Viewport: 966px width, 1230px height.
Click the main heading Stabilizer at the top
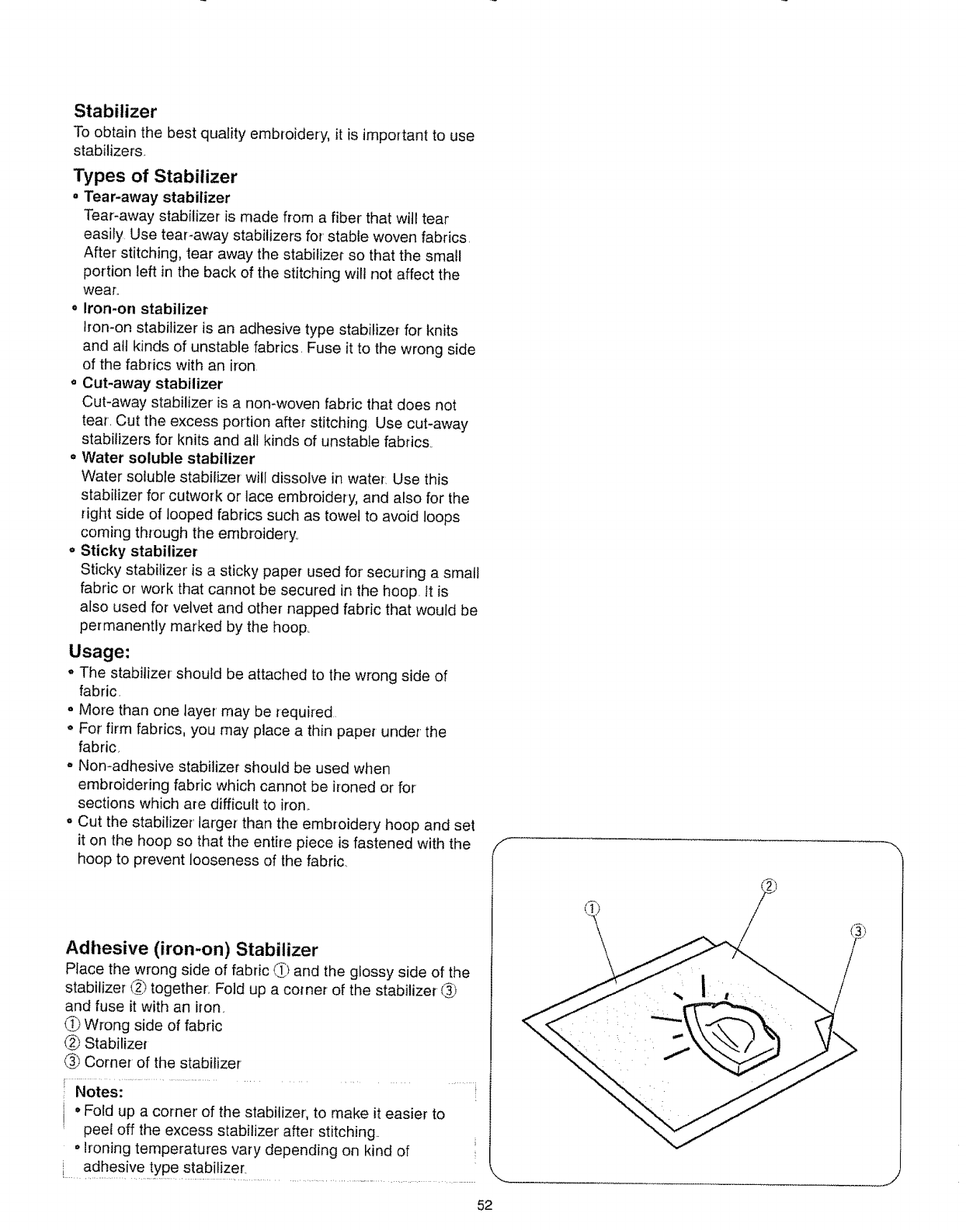(x=116, y=111)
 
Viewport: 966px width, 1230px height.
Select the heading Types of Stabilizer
(x=155, y=175)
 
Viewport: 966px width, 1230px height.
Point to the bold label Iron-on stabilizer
(x=144, y=309)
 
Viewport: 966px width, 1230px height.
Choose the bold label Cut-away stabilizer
(x=151, y=384)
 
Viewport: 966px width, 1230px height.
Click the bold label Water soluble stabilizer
(x=168, y=458)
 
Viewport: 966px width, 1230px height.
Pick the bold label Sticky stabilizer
(x=139, y=551)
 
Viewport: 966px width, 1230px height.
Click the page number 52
(x=485, y=1206)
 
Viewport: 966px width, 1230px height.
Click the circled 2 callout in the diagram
(x=770, y=888)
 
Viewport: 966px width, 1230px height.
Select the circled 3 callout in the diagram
(x=857, y=931)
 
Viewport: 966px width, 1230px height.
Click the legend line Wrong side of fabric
(x=152, y=1026)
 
